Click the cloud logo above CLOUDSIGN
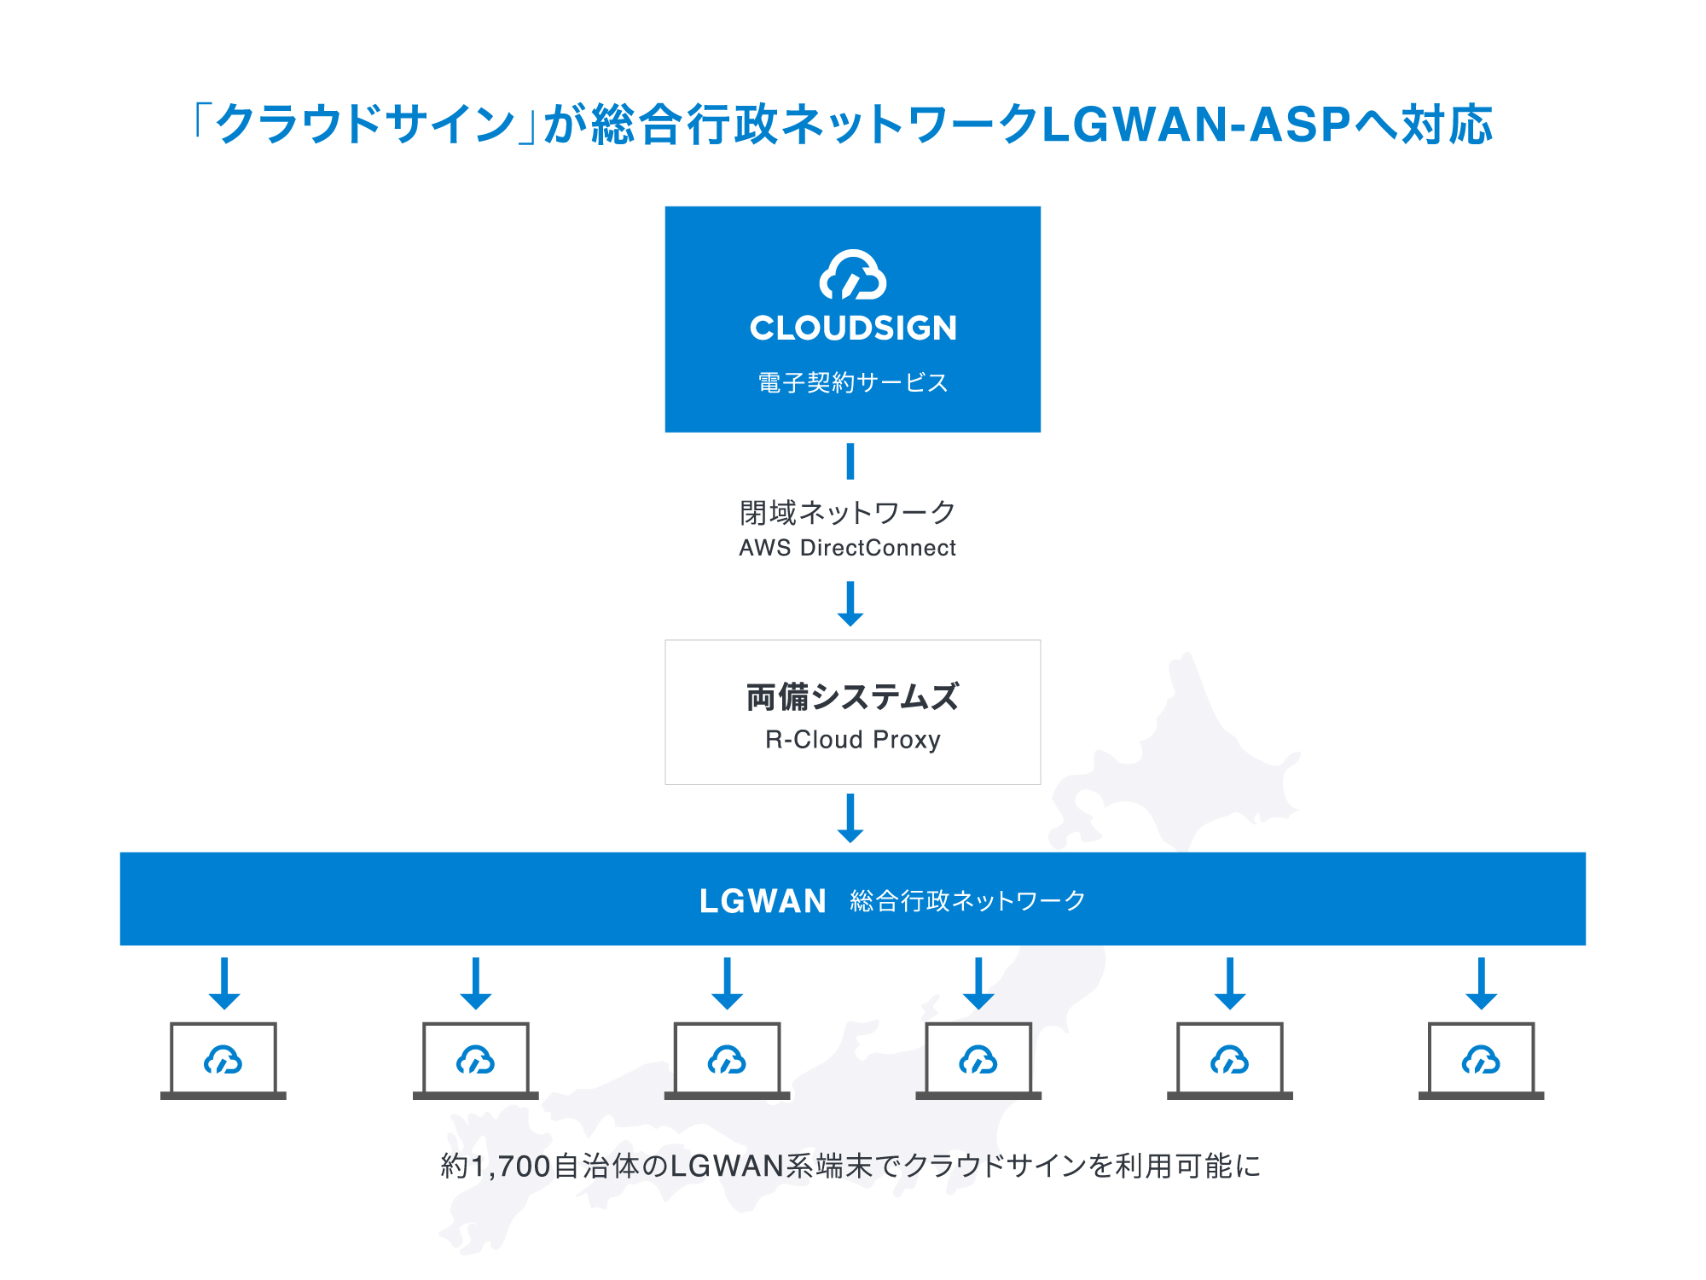click(x=853, y=275)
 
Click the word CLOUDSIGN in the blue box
click(x=853, y=329)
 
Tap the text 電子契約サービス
click(x=853, y=382)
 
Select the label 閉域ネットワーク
click(x=848, y=513)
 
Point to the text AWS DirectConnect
click(x=848, y=548)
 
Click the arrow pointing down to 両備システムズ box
click(x=850, y=604)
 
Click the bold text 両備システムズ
click(x=853, y=697)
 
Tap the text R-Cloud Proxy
click(x=853, y=739)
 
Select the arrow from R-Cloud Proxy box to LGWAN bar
click(x=850, y=818)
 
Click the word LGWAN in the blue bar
click(x=763, y=901)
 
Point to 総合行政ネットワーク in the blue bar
click(x=967, y=901)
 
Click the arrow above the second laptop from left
click(x=476, y=984)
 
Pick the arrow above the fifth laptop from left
click(x=1230, y=984)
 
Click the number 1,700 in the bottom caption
click(x=511, y=1167)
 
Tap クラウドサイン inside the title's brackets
click(x=365, y=125)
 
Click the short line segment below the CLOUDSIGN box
click(x=850, y=462)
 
